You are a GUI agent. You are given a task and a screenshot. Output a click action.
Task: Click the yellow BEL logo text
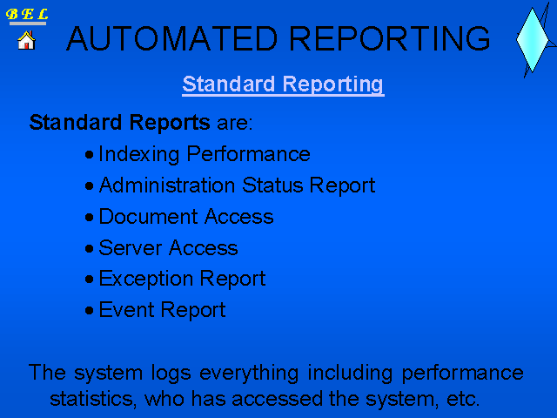coord(27,14)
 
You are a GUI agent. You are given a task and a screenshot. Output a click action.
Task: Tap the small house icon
coord(26,40)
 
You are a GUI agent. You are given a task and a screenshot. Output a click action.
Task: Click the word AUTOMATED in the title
coord(172,38)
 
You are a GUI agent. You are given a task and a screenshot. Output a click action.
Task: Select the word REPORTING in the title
coord(390,38)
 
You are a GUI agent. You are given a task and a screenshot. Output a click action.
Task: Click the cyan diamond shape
coord(532,40)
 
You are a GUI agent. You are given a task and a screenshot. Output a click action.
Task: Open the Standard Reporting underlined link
coord(283,84)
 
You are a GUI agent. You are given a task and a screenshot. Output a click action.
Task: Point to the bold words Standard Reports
coord(120,123)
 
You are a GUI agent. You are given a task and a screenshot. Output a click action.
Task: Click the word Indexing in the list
coord(139,155)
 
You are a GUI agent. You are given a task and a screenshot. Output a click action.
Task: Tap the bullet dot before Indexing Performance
coord(89,155)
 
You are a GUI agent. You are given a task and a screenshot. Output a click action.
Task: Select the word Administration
coord(167,185)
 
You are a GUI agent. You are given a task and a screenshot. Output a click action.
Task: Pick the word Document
coord(148,217)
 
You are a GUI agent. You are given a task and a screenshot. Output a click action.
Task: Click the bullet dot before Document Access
coord(89,217)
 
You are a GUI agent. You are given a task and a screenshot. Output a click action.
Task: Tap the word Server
coord(131,247)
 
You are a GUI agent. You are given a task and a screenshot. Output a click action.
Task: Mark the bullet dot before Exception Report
coord(89,279)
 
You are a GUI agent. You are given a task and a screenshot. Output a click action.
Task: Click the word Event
coord(126,310)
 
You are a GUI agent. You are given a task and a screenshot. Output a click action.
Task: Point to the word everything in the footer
coord(249,374)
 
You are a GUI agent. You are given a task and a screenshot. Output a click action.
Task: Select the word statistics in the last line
coord(93,399)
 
